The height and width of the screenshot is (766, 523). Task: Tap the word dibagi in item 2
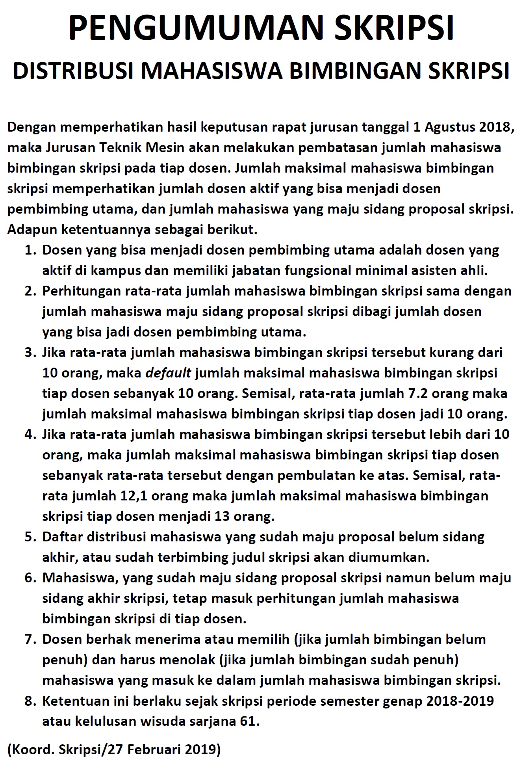pyautogui.click(x=372, y=311)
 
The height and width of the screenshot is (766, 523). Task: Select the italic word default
pyautogui.click(x=168, y=373)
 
